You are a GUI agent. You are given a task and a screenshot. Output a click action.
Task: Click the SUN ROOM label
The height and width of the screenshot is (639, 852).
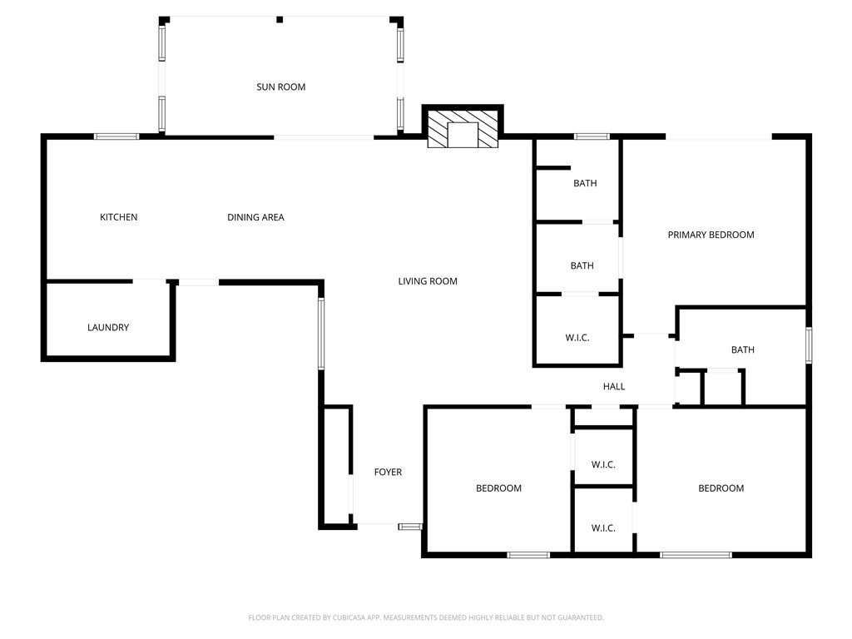click(x=280, y=87)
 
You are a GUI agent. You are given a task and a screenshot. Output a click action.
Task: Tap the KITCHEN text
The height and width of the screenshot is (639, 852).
click(x=119, y=217)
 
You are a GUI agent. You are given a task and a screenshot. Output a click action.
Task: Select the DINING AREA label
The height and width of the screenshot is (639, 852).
click(x=255, y=217)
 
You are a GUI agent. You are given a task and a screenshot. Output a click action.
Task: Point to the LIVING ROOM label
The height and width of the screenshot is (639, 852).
click(x=428, y=281)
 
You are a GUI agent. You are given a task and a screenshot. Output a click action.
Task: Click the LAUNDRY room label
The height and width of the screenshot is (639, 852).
click(x=108, y=327)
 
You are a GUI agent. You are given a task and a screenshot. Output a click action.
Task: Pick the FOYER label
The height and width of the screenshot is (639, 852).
click(x=388, y=472)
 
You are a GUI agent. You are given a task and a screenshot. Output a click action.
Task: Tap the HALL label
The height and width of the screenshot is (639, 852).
click(x=614, y=386)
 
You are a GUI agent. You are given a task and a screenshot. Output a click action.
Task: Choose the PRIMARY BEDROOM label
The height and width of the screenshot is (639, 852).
click(x=711, y=235)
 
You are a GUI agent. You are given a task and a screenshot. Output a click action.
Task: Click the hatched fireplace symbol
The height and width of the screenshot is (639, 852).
click(x=463, y=129)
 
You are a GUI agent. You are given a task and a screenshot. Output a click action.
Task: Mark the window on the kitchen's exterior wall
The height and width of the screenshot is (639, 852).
click(x=116, y=136)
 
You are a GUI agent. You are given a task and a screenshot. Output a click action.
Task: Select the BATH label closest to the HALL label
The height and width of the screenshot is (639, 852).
click(x=743, y=349)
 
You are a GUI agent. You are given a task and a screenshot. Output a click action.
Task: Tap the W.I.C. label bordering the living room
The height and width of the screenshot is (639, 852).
click(x=577, y=338)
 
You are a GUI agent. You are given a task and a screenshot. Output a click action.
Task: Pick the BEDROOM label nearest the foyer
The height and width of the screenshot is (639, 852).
click(x=498, y=488)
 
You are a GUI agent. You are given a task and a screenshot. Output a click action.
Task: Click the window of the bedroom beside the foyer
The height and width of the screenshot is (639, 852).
click(x=528, y=554)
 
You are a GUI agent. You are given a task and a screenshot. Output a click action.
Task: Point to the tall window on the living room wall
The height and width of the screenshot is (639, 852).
click(x=321, y=334)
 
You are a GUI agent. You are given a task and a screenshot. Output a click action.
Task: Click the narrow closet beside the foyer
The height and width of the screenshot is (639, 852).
click(x=337, y=466)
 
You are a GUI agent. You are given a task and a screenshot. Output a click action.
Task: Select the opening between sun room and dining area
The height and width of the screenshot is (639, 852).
click(x=324, y=136)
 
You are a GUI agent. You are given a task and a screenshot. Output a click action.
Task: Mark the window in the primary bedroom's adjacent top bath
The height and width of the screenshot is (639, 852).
click(x=592, y=136)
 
